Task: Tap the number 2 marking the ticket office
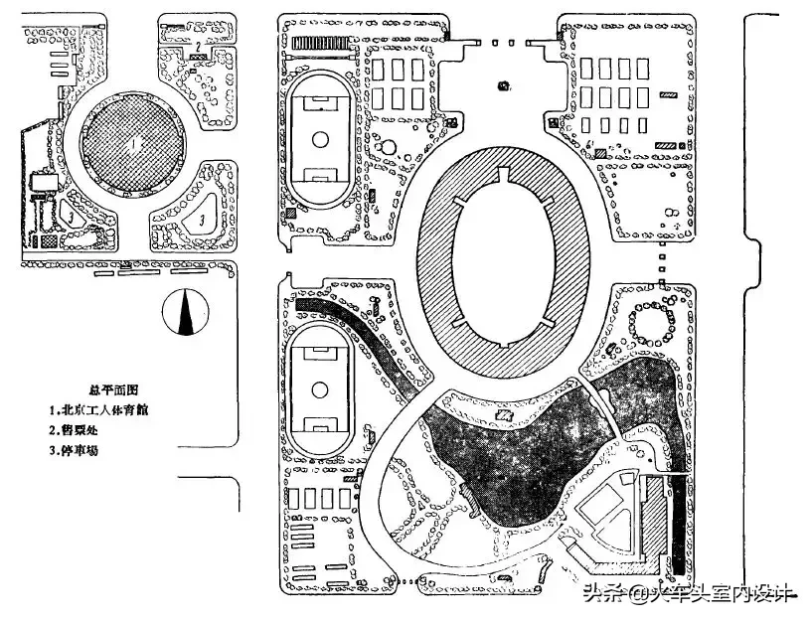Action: (x=199, y=46)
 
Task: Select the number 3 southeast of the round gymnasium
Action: (x=202, y=218)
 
